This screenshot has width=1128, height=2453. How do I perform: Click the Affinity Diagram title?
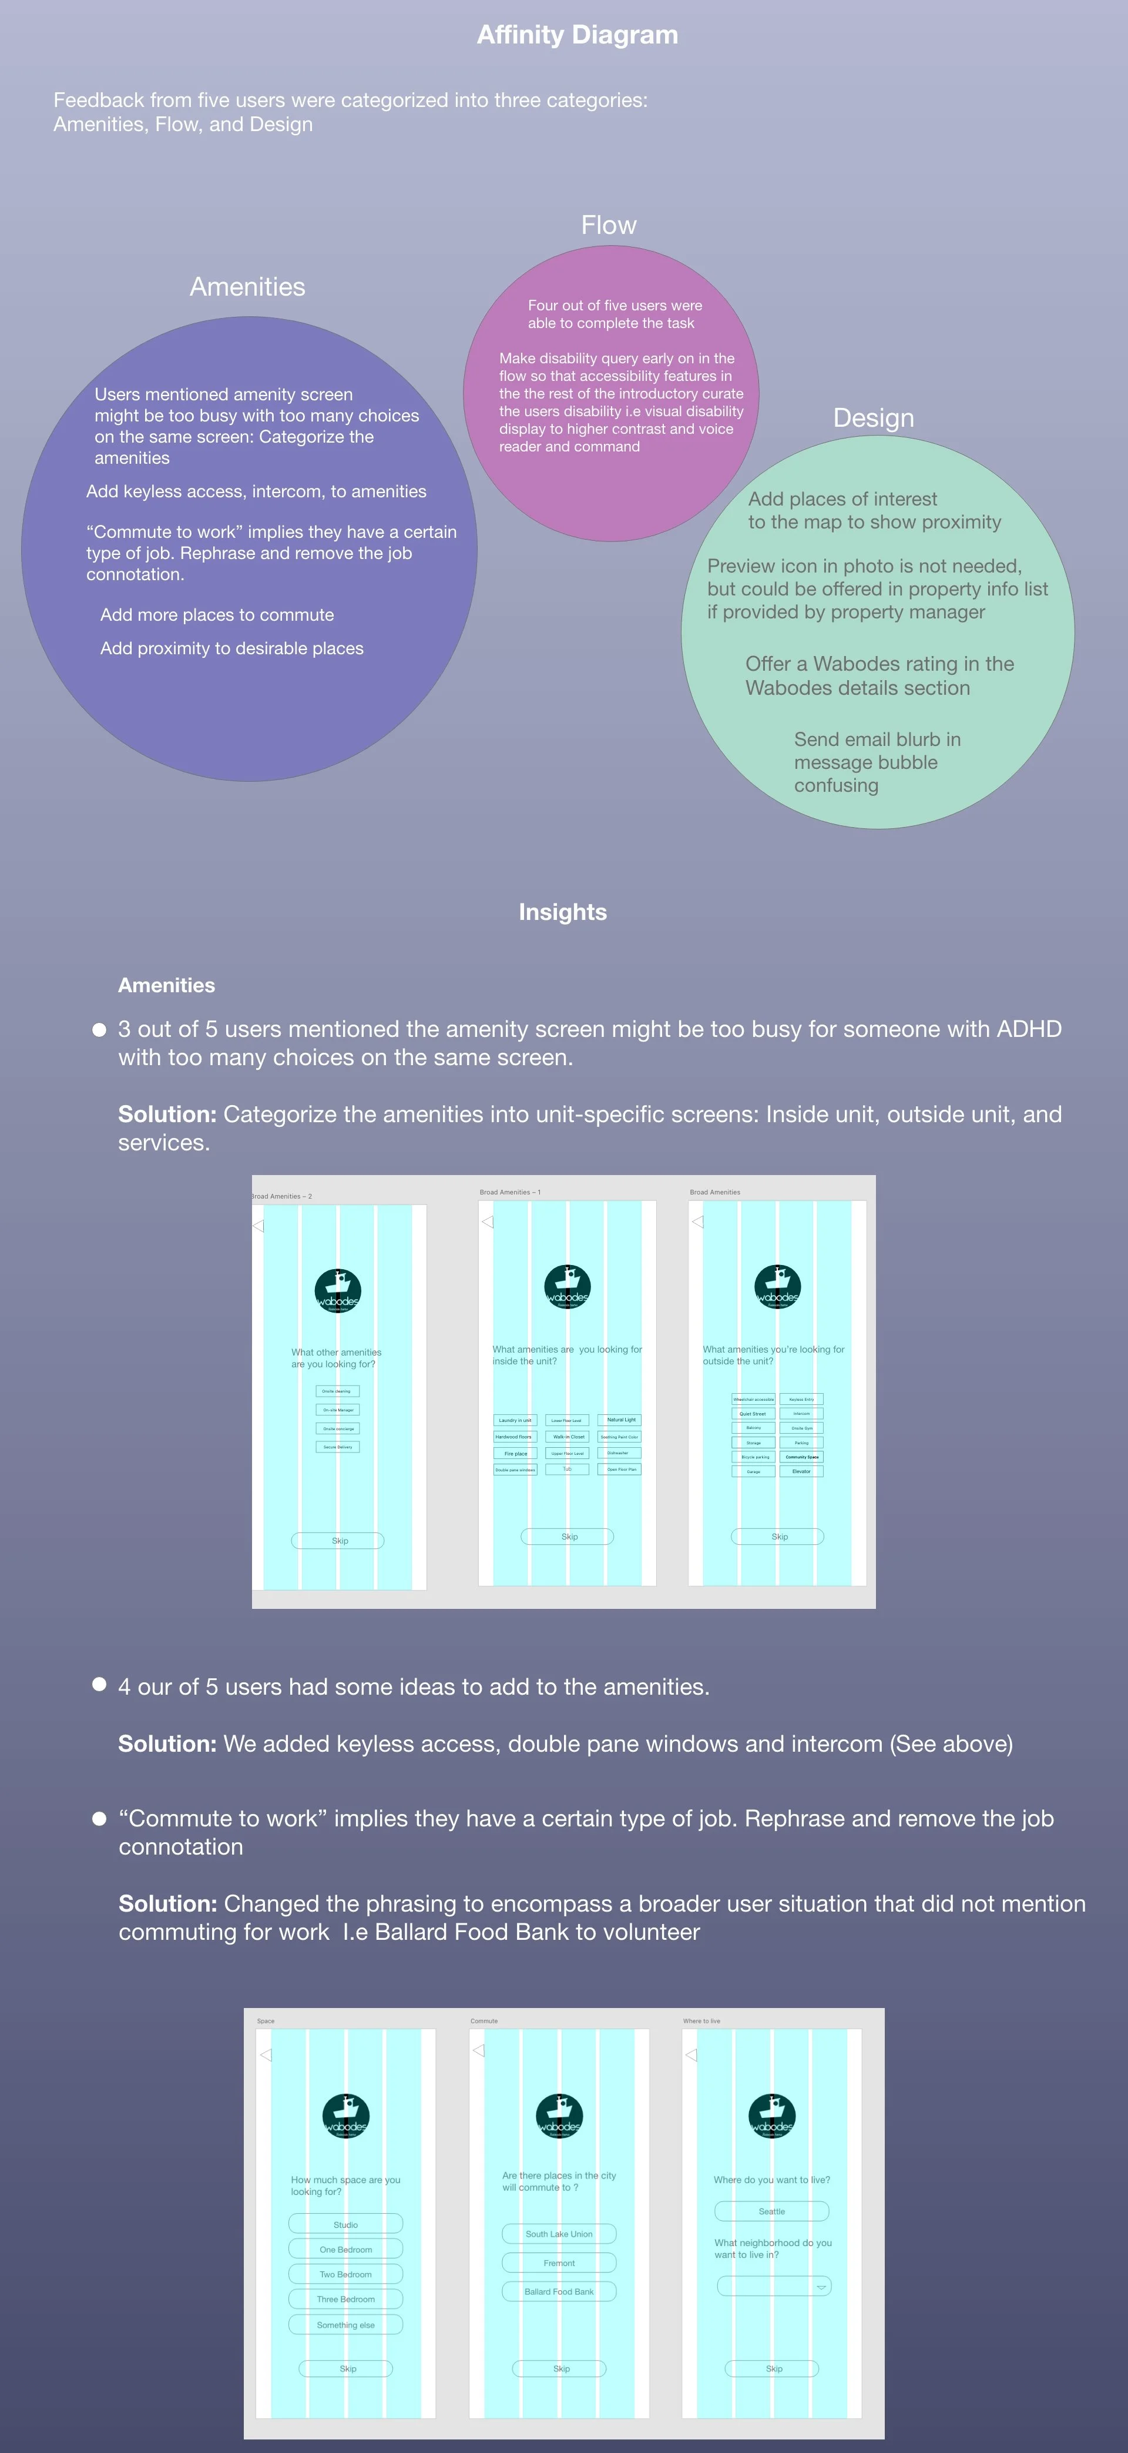click(577, 35)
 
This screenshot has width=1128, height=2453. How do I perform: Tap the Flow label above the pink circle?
click(608, 226)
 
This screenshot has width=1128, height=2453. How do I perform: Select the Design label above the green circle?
click(873, 418)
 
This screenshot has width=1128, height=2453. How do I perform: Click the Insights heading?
click(563, 912)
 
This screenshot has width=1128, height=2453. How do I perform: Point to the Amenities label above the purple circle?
click(247, 287)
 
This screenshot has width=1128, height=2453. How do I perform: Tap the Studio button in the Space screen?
click(345, 2224)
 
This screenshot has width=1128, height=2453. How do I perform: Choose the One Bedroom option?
click(345, 2249)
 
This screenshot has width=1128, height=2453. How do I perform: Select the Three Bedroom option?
click(345, 2299)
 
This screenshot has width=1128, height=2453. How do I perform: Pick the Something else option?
click(345, 2324)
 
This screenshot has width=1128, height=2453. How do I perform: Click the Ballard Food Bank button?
click(559, 2291)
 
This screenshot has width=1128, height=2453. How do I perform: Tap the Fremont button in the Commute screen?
click(559, 2263)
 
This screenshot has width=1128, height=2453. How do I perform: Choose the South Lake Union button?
click(559, 2234)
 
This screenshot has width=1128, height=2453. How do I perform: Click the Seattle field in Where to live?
click(772, 2211)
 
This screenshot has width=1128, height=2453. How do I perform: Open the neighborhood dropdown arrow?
click(821, 2287)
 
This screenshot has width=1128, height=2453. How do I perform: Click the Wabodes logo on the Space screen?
click(345, 2117)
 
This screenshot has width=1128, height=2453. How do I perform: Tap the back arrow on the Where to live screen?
click(691, 2054)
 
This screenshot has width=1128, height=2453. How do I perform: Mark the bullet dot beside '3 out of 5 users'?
click(99, 1029)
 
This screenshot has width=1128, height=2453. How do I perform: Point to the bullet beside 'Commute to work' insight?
click(99, 1819)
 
